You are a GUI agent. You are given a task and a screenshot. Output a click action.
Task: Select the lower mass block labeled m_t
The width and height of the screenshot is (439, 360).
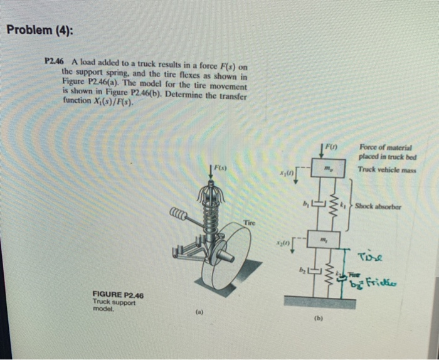coord(324,240)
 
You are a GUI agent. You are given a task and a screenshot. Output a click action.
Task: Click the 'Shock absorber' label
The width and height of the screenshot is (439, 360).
coord(381,206)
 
